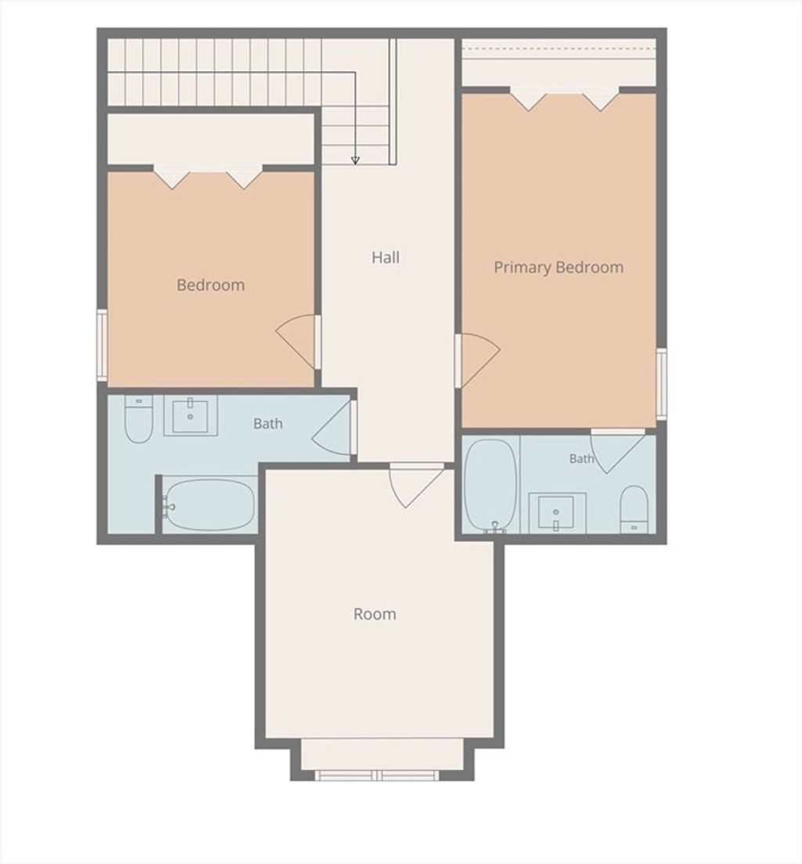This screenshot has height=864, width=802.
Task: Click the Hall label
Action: coord(385,258)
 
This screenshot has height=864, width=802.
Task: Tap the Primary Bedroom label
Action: coord(558,267)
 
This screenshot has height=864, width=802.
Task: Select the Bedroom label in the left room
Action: coord(211,285)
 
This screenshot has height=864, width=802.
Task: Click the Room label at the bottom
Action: coord(374,614)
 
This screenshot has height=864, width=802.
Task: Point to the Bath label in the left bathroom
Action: coord(268,424)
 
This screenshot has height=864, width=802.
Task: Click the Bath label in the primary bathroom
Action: coord(582,458)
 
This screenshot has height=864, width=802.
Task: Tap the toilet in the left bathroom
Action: coord(139,419)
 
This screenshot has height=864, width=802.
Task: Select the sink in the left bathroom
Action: coord(190,416)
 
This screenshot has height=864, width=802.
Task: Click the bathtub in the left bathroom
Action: coord(209,504)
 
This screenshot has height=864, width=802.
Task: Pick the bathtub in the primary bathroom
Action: coord(491,486)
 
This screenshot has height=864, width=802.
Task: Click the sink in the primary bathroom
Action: coord(557,512)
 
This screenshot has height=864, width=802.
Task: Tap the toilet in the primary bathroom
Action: coord(634,509)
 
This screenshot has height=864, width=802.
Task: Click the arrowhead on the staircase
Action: coord(356,161)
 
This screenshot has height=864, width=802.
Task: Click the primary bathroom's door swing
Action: coord(617,451)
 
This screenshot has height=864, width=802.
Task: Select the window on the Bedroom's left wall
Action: coord(102,345)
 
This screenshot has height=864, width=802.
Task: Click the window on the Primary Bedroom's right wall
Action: coord(662,384)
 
